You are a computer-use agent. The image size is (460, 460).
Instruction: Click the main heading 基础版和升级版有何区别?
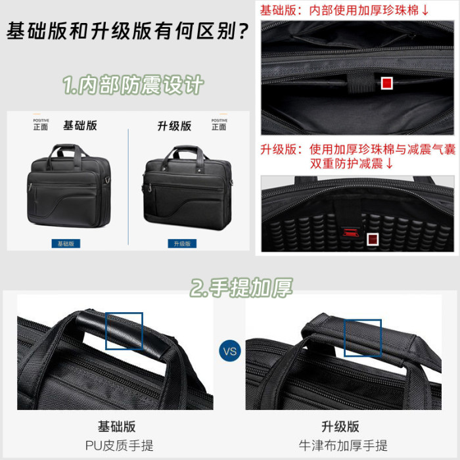128,31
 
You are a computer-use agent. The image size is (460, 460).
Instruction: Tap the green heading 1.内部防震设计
133,85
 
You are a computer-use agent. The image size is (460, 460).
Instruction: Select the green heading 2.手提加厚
241,288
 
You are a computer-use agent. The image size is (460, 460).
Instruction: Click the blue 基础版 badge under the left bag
66,244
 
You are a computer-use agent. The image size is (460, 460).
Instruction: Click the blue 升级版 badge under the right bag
182,244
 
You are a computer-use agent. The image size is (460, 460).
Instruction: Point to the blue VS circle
230,351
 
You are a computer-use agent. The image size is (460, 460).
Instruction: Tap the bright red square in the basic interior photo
386,83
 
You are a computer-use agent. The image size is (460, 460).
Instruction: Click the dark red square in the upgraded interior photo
373,239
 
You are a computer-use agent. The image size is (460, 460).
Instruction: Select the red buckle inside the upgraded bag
350,233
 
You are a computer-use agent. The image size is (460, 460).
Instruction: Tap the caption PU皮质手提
120,446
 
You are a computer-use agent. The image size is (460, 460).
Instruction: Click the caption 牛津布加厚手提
343,446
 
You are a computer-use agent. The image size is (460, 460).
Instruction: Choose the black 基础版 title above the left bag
80,126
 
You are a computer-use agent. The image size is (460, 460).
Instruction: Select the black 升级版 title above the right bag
174,126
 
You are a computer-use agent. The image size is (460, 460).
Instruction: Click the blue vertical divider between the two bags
128,187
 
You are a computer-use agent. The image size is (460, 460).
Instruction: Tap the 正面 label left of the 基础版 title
41,127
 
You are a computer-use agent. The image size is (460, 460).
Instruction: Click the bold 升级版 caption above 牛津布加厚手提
340,426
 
